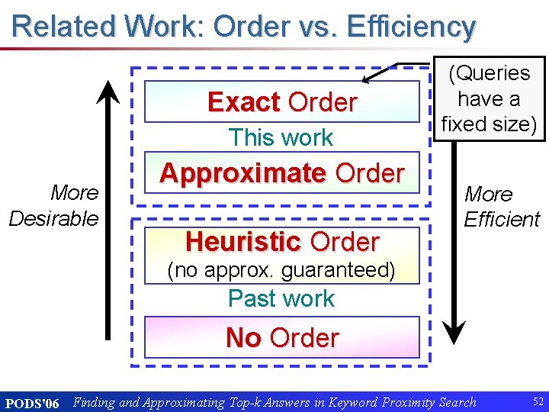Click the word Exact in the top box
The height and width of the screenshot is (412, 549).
245,102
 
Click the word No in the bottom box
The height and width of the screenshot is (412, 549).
242,337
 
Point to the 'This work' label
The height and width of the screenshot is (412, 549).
281,138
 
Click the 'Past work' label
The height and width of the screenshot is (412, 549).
281,298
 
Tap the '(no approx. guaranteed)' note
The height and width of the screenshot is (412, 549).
281,270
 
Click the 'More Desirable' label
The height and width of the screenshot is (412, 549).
54,205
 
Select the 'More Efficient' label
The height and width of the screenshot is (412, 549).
501,207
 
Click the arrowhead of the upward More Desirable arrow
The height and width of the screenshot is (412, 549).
111,90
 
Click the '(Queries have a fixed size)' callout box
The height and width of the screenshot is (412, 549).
489,98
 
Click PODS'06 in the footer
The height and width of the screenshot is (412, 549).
31,403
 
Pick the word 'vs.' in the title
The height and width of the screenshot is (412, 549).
314,27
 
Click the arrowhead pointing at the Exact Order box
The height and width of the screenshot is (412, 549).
367,79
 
